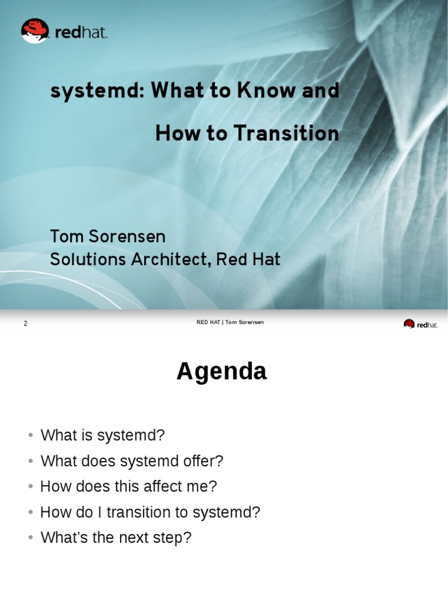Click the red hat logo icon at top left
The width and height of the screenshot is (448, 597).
click(34, 30)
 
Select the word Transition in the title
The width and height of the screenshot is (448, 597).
click(286, 134)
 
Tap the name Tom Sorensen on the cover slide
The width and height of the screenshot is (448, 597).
click(108, 236)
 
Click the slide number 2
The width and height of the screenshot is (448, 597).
click(26, 323)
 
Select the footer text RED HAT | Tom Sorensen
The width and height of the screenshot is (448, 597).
click(230, 322)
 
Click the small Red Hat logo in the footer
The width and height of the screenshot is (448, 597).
click(420, 324)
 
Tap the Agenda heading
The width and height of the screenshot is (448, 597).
click(222, 371)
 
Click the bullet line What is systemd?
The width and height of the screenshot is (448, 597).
click(103, 435)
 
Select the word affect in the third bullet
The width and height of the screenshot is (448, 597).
click(157, 486)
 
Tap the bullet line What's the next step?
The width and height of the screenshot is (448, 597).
click(116, 538)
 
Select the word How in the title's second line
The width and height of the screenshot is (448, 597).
click(173, 134)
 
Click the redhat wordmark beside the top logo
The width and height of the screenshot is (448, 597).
click(81, 33)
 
